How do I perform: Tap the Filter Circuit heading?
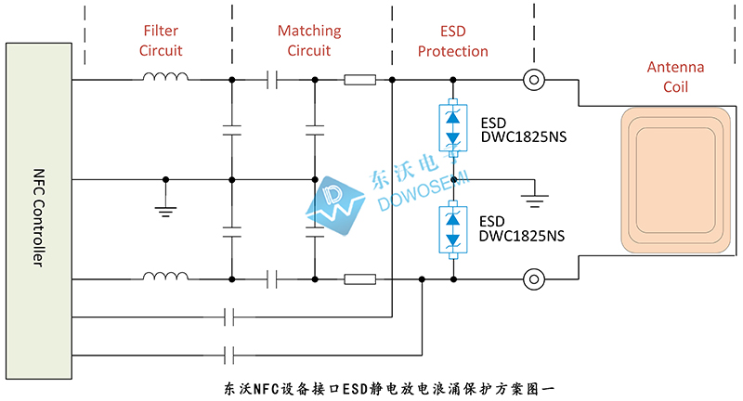(162, 42)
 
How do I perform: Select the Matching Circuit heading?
(309, 41)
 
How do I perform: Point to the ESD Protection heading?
(452, 42)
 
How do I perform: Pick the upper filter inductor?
(163, 78)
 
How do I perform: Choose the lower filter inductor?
(163, 276)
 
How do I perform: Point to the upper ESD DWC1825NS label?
(521, 130)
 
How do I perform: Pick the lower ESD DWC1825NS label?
(521, 229)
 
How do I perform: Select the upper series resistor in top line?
(359, 80)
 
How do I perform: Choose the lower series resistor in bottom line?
(359, 278)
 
